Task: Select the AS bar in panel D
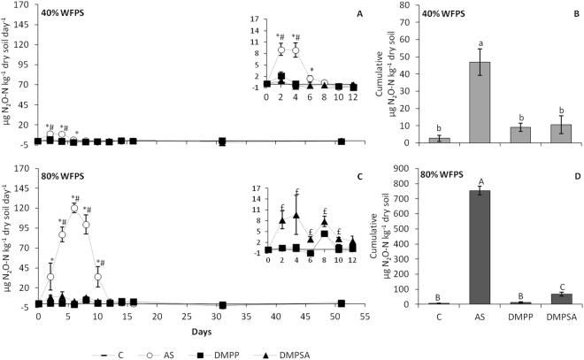tap(480, 248)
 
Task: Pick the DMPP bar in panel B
tap(516, 134)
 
